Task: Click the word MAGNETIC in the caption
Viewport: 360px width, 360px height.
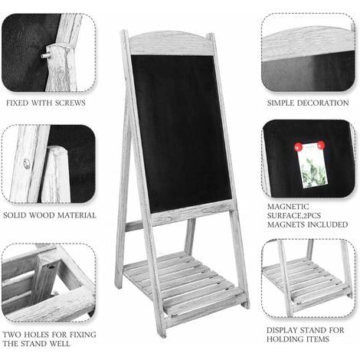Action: tap(289, 207)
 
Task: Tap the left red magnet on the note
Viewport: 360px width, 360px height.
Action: tap(299, 146)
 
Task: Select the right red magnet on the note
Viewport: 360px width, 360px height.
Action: tap(320, 145)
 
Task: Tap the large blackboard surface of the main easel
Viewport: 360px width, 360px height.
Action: tap(182, 130)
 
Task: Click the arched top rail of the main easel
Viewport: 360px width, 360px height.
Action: tap(171, 42)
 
